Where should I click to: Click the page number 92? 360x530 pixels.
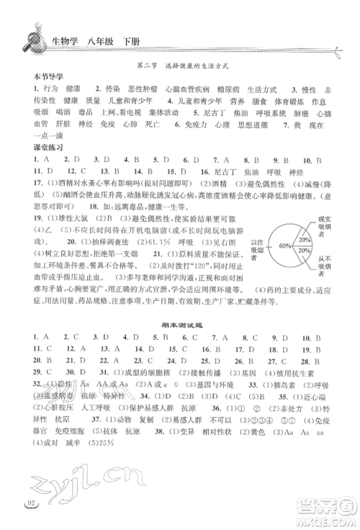30,516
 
